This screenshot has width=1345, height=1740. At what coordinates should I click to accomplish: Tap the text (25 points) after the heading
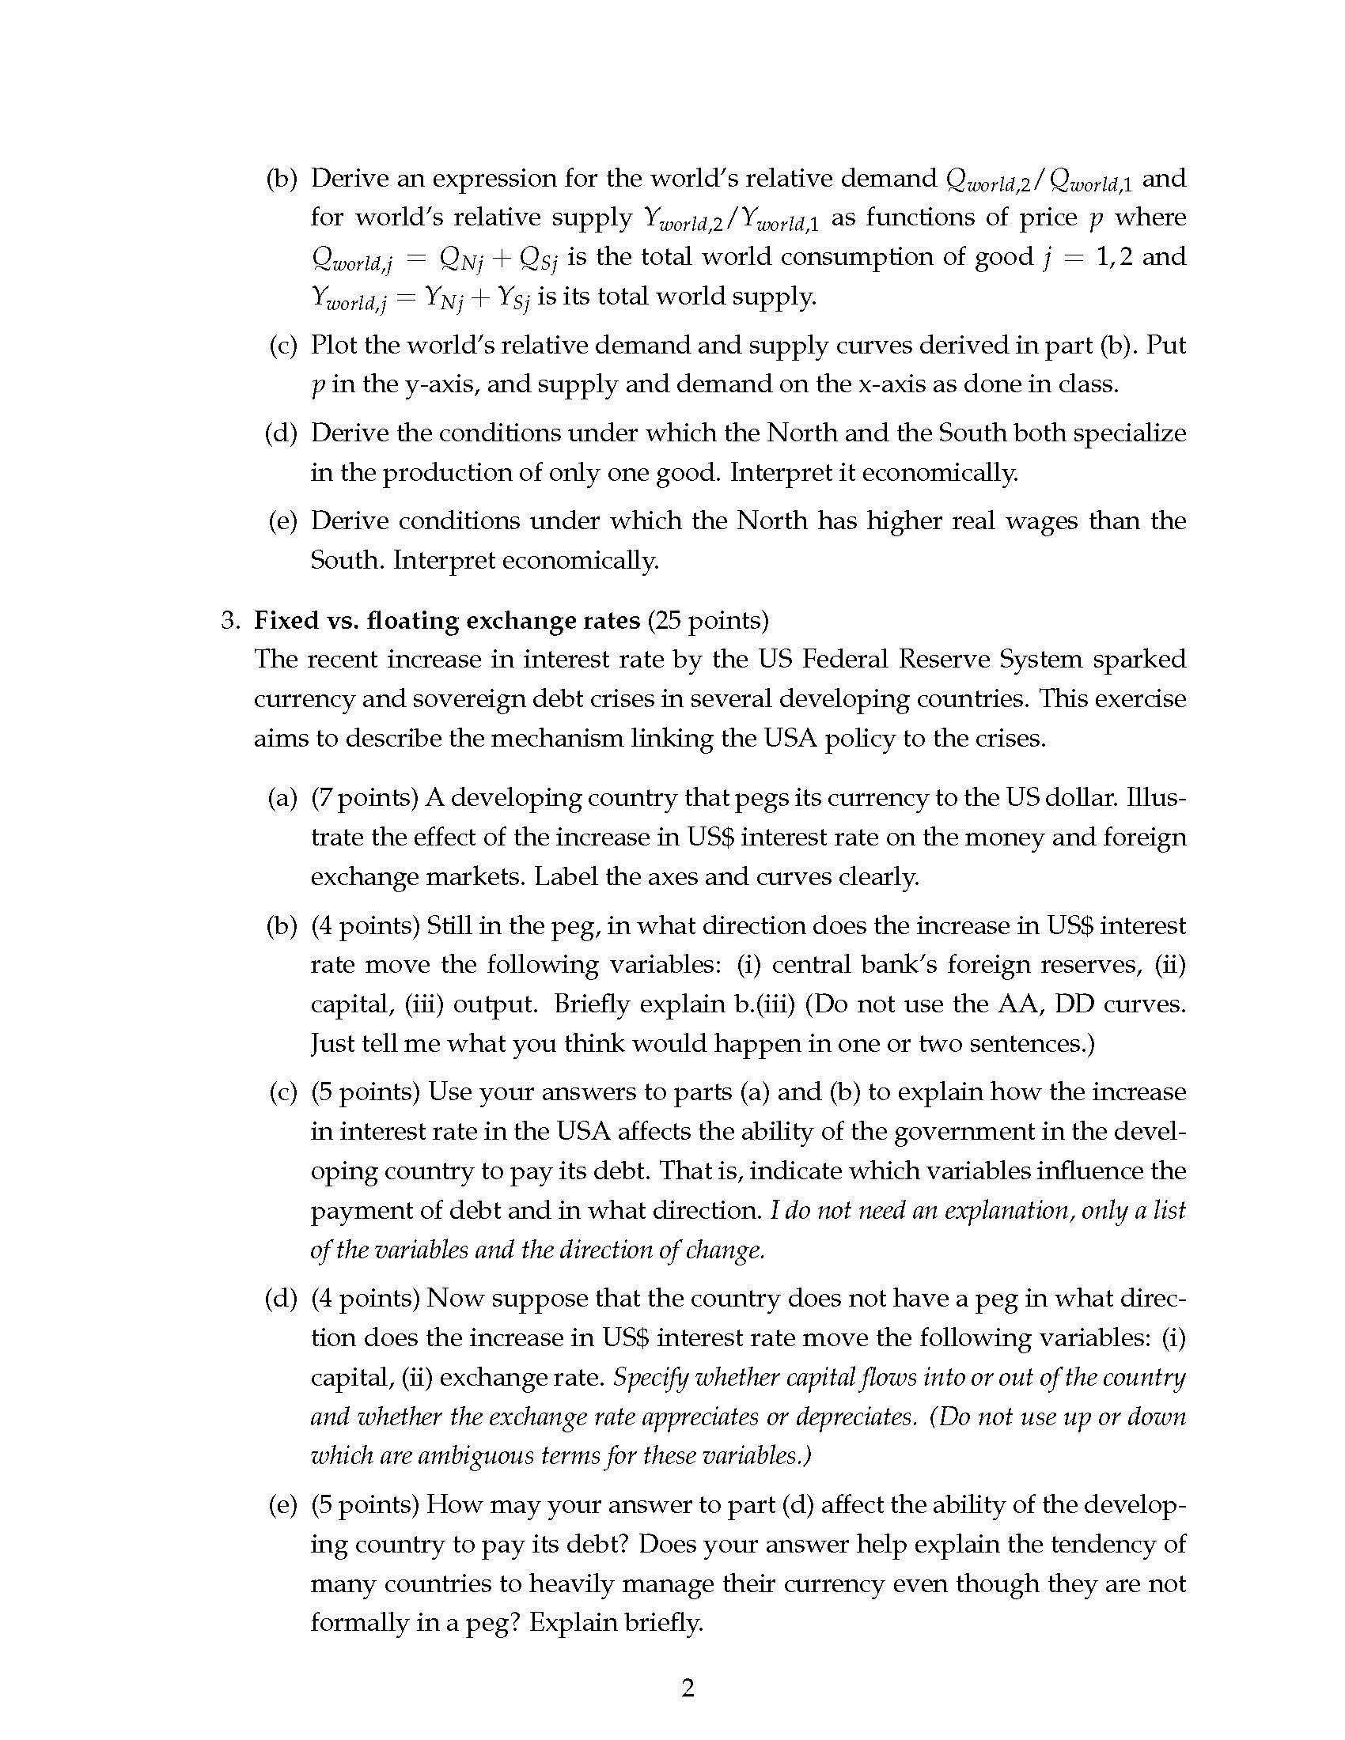708,620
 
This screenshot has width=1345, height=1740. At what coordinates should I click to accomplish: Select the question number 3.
229,620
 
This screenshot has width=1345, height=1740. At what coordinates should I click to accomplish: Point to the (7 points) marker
364,796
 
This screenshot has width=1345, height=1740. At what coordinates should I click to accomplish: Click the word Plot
334,345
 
